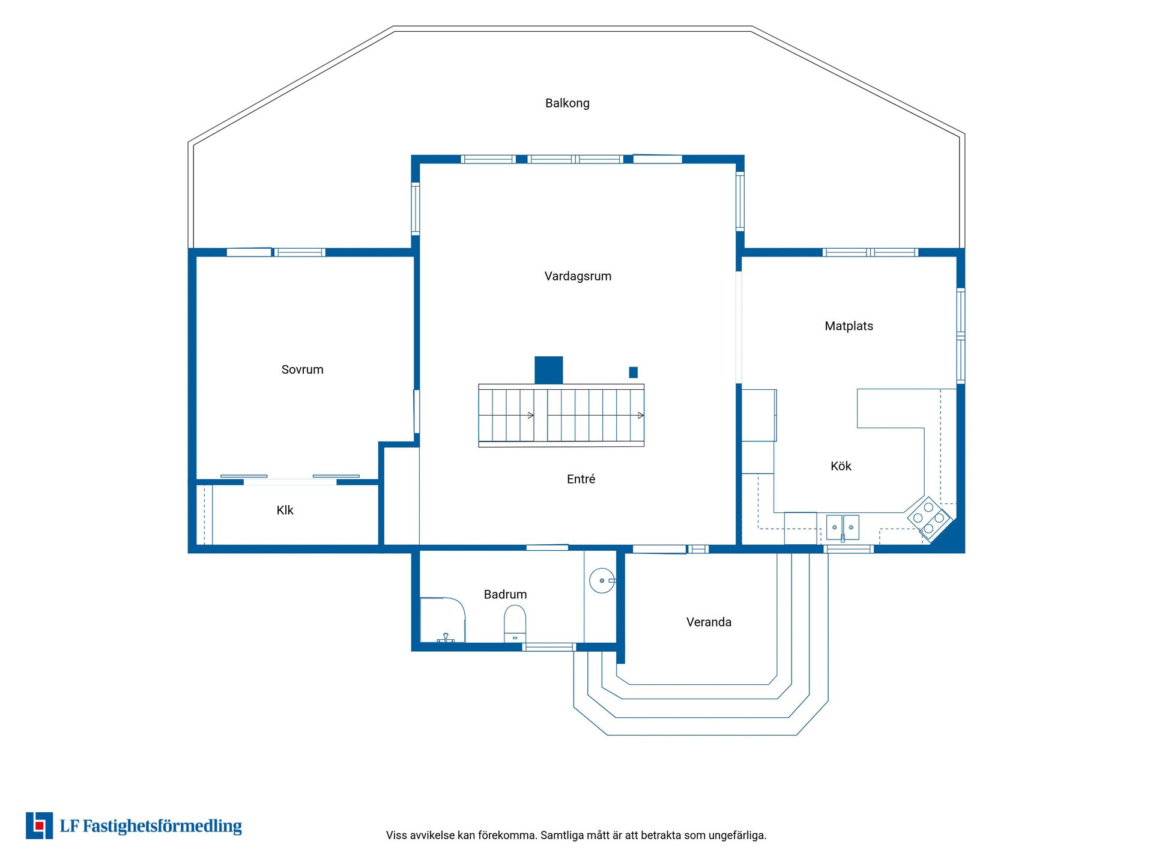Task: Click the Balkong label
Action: [567, 103]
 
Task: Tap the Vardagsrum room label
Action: [578, 276]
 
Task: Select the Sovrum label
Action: [302, 369]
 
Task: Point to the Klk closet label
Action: [285, 510]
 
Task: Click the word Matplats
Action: [849, 326]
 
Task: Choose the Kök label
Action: [841, 466]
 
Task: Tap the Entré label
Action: [581, 479]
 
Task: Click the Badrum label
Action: [505, 594]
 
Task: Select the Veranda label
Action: [709, 622]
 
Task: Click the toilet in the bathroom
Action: [515, 624]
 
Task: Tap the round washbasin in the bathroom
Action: [602, 581]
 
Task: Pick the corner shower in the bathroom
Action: [442, 620]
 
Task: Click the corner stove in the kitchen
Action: [929, 518]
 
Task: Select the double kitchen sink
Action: [843, 527]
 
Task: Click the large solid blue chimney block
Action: [549, 370]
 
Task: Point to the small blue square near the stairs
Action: [633, 372]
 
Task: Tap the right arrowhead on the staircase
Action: [641, 416]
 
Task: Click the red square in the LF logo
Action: [40, 827]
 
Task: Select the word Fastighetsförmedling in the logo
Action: [162, 827]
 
